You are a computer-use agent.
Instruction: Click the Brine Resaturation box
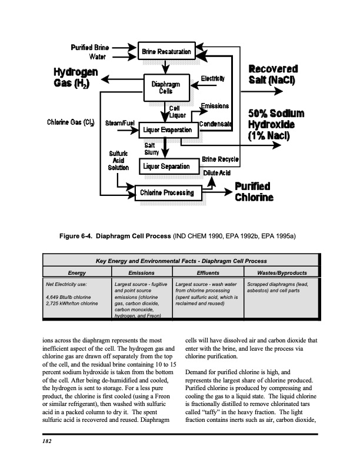[x=166, y=52]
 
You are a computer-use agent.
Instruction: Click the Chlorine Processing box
[x=166, y=192]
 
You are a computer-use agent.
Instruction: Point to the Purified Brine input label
[x=89, y=48]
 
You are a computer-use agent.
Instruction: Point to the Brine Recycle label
[x=220, y=159]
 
